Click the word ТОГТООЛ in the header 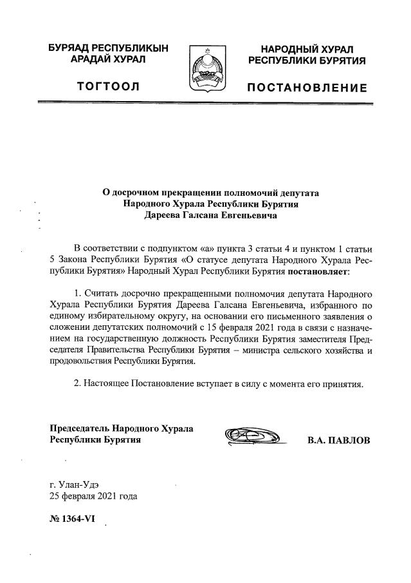tap(108, 87)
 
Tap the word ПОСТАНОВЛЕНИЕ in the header tap(307, 88)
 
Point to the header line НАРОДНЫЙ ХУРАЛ tap(307, 50)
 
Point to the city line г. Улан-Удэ tap(75, 484)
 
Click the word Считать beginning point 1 tap(104, 293)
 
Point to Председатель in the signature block tap(79, 428)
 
